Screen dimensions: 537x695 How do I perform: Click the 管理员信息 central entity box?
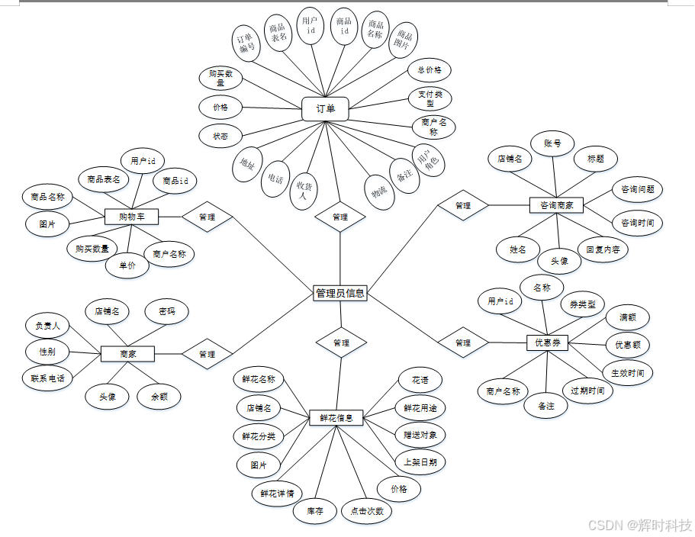pyautogui.click(x=340, y=293)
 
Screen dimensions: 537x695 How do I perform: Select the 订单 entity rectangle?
pyautogui.click(x=325, y=109)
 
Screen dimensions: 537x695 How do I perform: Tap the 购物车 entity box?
pyautogui.click(x=131, y=217)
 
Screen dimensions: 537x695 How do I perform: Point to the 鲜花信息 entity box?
pyautogui.click(x=336, y=418)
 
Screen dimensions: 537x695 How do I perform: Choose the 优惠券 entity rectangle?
pyautogui.click(x=547, y=343)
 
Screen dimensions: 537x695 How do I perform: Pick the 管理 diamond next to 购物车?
pyautogui.click(x=207, y=217)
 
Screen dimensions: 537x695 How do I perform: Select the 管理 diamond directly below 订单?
pyautogui.click(x=340, y=217)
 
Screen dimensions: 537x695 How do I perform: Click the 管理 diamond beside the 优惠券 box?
pyautogui.click(x=462, y=343)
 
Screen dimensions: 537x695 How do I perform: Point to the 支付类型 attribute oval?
pyautogui.click(x=430, y=98)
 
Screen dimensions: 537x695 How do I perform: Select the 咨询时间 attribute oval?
pyautogui.click(x=638, y=223)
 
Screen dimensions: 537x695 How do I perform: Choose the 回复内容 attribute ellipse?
pyautogui.click(x=603, y=249)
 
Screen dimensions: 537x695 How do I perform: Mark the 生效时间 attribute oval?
pyautogui.click(x=628, y=373)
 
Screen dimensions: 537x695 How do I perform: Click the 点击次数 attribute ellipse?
pyautogui.click(x=367, y=511)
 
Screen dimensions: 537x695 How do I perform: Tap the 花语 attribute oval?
pyautogui.click(x=420, y=380)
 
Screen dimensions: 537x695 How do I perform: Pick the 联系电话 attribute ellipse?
pyautogui.click(x=47, y=378)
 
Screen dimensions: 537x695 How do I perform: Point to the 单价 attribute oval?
pyautogui.click(x=127, y=265)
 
